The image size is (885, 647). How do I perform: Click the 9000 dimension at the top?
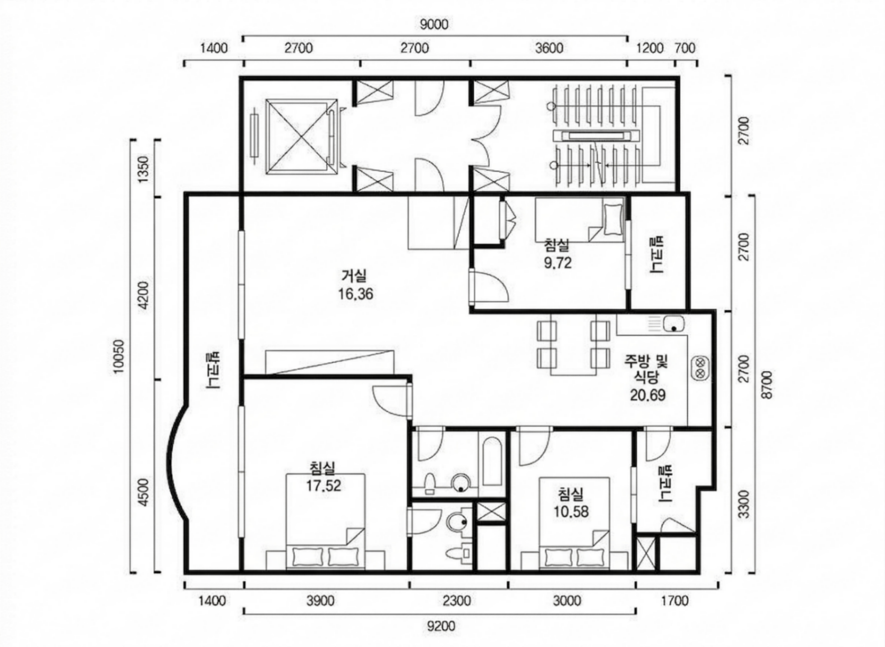coord(434,24)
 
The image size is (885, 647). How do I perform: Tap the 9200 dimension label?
coord(441,626)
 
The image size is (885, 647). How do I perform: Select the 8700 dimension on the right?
coord(767,385)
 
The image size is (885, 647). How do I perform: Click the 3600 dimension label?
coord(549,48)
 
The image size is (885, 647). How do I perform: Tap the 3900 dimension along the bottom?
coord(320,600)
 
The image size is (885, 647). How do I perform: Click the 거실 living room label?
coord(354,276)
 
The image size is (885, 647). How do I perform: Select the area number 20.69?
coord(648,395)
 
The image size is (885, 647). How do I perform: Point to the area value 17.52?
coord(324,485)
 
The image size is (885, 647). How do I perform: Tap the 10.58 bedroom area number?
coord(571,512)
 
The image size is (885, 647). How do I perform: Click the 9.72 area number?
coord(557,263)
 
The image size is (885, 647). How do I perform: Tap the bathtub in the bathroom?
coord(492,463)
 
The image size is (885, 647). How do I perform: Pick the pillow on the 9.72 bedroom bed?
coord(612,219)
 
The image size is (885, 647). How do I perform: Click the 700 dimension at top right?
coord(685,48)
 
